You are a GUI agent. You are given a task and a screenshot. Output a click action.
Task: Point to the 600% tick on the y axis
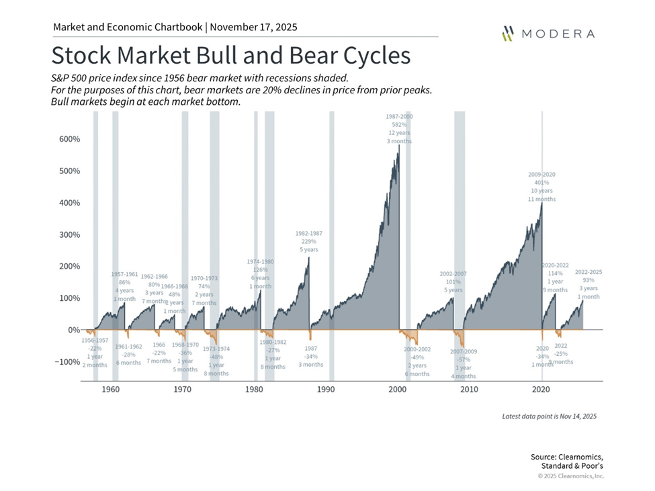pyautogui.click(x=67, y=139)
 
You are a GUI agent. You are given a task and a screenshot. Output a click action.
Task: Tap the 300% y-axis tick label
pyautogui.click(x=67, y=235)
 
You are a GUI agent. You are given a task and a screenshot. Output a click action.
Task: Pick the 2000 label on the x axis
pyautogui.click(x=398, y=390)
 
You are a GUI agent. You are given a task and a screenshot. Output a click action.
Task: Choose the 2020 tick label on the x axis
pyautogui.click(x=541, y=390)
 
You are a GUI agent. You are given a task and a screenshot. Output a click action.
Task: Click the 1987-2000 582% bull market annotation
pyautogui.click(x=399, y=128)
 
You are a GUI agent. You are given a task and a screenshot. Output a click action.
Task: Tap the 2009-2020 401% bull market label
pyautogui.click(x=542, y=186)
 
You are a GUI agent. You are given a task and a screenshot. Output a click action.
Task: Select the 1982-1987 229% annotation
pyautogui.click(x=309, y=241)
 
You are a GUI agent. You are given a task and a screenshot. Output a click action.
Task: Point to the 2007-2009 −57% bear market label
pyautogui.click(x=464, y=362)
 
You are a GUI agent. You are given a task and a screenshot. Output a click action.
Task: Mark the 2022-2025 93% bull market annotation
pyautogui.click(x=588, y=284)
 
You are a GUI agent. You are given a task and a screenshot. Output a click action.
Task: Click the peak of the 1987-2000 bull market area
pyautogui.click(x=399, y=146)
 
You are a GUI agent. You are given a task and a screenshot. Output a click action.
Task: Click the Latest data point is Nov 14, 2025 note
pyautogui.click(x=549, y=416)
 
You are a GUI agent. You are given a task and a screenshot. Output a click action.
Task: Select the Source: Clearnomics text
pyautogui.click(x=567, y=457)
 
